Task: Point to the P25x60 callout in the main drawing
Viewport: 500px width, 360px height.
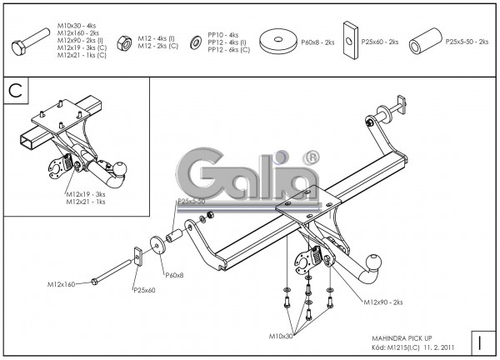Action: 145,290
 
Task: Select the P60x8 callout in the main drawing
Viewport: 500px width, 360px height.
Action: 174,275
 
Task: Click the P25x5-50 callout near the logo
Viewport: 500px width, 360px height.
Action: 191,202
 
